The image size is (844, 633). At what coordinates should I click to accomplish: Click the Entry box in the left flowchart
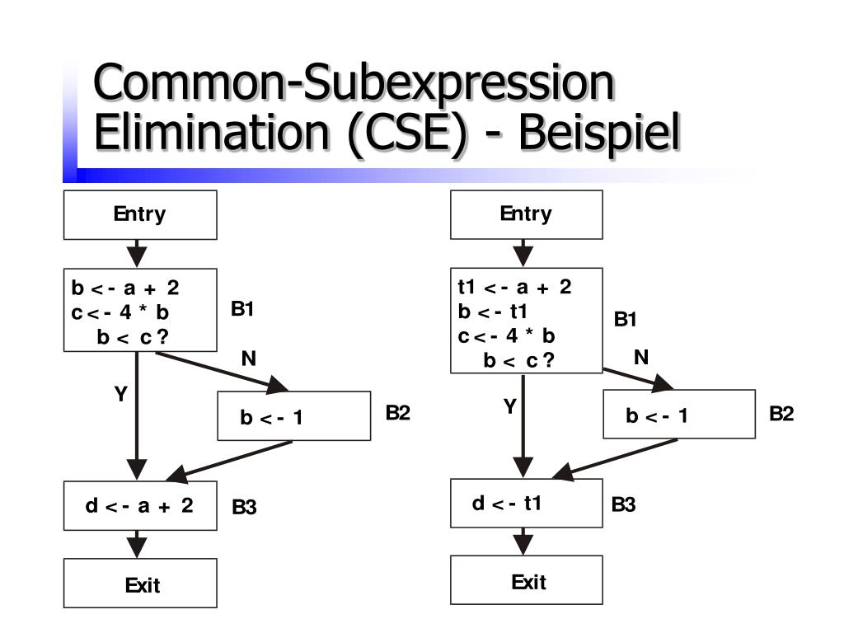point(140,215)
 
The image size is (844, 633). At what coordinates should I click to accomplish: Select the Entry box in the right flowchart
point(526,215)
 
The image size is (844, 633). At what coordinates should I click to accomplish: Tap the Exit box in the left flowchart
point(141,584)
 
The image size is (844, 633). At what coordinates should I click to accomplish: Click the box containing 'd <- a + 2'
point(141,505)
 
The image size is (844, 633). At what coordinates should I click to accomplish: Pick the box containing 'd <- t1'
point(526,503)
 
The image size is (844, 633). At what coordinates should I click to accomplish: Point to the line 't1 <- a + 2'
point(514,287)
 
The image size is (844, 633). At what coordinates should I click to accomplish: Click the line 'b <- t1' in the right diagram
point(492,312)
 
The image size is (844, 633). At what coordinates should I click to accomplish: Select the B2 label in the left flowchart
point(397,413)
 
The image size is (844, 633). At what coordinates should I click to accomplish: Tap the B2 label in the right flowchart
point(781,413)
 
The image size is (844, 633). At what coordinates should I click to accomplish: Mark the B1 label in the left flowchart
point(242,309)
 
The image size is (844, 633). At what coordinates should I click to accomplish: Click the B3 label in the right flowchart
point(624,504)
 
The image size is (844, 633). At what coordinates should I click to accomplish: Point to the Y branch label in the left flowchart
point(120,395)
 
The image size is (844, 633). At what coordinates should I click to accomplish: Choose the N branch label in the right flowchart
point(641,357)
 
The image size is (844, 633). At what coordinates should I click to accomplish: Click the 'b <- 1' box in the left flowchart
point(293,416)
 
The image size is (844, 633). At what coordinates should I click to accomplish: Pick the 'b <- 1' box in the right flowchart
point(679,415)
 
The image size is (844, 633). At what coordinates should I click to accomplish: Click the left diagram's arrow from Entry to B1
point(137,253)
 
